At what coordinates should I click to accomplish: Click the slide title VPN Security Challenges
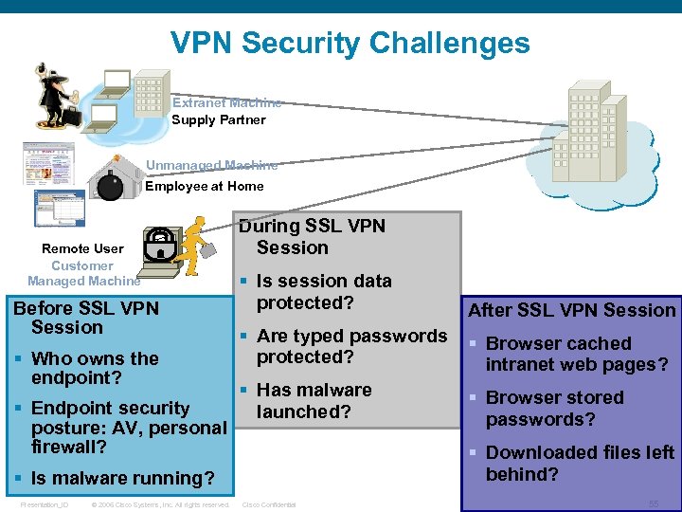pyautogui.click(x=350, y=43)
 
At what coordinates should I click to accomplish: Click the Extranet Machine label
pyautogui.click(x=226, y=102)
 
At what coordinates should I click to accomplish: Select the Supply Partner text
pyautogui.click(x=218, y=119)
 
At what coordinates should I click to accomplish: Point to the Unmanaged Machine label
pyautogui.click(x=211, y=165)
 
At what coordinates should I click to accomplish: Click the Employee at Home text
pyautogui.click(x=204, y=186)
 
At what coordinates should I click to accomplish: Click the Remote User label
pyautogui.click(x=82, y=248)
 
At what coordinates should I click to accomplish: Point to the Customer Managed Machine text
pyautogui.click(x=82, y=273)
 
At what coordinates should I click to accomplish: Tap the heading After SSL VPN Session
pyautogui.click(x=572, y=310)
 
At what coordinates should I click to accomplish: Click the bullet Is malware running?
pyautogui.click(x=122, y=478)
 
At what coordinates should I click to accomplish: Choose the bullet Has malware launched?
pyautogui.click(x=314, y=400)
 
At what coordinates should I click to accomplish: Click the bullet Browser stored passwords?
pyautogui.click(x=554, y=408)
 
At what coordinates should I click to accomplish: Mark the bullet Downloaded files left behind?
pyautogui.click(x=579, y=463)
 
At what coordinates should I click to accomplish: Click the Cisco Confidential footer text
pyautogui.click(x=269, y=504)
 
